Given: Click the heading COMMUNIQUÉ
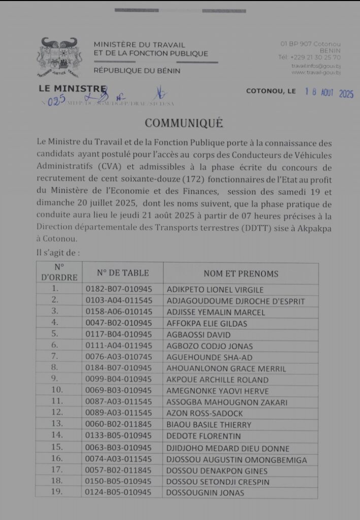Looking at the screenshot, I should pyautogui.click(x=183, y=123).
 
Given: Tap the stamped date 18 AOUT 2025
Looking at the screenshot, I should pyautogui.click(x=329, y=93).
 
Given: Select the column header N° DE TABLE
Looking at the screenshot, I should pyautogui.click(x=123, y=273).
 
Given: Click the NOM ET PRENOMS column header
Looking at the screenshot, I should pyautogui.click(x=241, y=273).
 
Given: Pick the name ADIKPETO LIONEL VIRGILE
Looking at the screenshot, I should pyautogui.click(x=215, y=290).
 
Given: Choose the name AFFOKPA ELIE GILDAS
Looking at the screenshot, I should pyautogui.click(x=207, y=323).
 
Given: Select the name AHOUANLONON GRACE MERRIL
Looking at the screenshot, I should pyautogui.click(x=226, y=369).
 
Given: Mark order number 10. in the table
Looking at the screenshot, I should pyautogui.click(x=58, y=391).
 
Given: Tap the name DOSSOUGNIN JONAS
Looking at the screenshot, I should pyautogui.click(x=206, y=493).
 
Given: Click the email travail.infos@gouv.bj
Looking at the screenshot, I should pyautogui.click(x=315, y=66).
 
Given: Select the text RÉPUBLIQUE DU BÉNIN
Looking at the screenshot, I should pyautogui.click(x=137, y=71).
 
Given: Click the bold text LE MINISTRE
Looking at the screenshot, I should pyautogui.click(x=73, y=89).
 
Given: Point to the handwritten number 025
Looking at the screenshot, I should pyautogui.click(x=55, y=101).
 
